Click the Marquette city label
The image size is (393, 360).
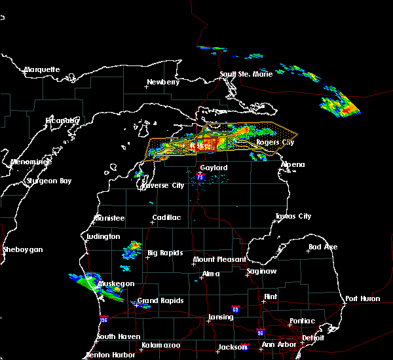[42, 69]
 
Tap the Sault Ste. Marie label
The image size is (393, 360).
[246, 75]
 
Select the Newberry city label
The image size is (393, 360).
[162, 82]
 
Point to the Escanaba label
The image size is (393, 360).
[62, 120]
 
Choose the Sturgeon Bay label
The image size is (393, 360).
[49, 181]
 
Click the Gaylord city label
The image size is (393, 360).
[214, 168]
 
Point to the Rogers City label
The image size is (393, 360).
[275, 142]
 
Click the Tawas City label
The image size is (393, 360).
[293, 216]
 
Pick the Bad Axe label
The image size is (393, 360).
[323, 247]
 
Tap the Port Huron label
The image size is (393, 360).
[362, 298]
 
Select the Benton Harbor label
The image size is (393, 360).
[109, 355]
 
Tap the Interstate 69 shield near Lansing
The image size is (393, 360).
[234, 308]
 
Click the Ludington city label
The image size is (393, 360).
[103, 236]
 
